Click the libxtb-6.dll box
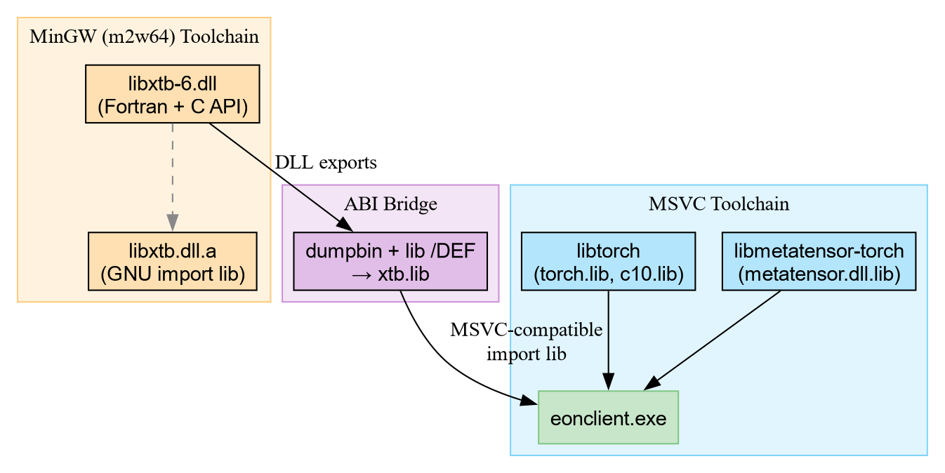172,94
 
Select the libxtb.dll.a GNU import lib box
172,261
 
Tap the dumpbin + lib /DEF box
390,261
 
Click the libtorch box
608,261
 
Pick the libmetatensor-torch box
819,261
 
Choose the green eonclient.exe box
608,418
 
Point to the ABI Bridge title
390,204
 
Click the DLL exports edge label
326,163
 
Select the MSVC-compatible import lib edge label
526,342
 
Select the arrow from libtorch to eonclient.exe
608,337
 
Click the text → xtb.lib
390,275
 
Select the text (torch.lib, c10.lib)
608,274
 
